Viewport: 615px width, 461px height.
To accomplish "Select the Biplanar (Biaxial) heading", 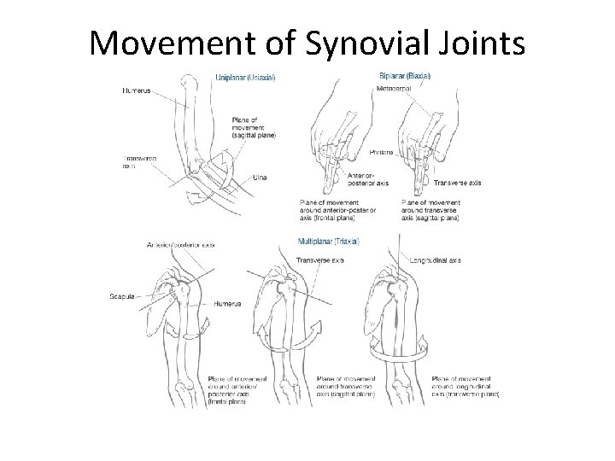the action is click(x=404, y=76).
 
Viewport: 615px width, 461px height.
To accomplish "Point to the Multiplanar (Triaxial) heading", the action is click(x=329, y=242).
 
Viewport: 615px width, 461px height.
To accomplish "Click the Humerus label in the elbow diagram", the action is click(x=138, y=90).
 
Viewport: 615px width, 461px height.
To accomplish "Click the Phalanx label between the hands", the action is click(x=382, y=152).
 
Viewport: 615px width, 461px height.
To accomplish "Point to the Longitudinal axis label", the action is click(x=436, y=260).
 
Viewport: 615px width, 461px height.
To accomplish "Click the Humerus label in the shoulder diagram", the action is click(x=229, y=303).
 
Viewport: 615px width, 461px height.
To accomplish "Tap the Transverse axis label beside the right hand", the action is click(x=458, y=183).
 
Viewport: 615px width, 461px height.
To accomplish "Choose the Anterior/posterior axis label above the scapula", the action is click(x=180, y=245).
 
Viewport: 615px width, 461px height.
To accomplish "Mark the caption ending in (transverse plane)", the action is click(x=465, y=385).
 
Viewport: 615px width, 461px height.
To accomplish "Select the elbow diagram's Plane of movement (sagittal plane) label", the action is click(x=253, y=126).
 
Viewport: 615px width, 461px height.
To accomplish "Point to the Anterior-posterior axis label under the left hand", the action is click(x=368, y=178).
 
